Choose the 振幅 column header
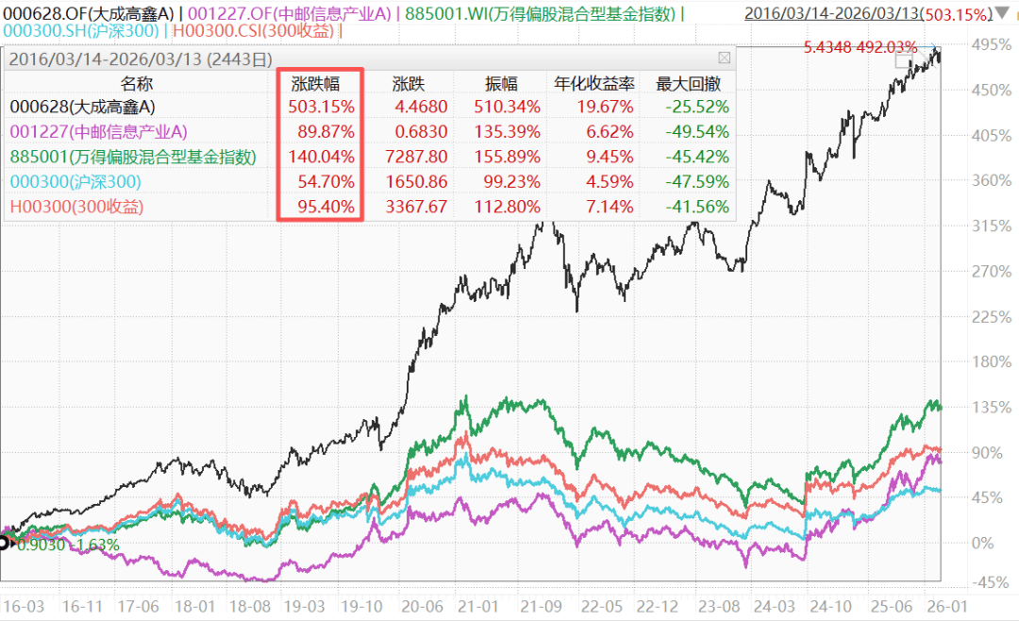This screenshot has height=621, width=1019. click(x=501, y=83)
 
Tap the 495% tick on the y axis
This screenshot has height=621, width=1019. click(x=991, y=46)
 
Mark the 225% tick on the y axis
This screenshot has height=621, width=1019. click(x=991, y=317)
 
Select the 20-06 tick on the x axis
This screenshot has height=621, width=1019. click(x=423, y=605)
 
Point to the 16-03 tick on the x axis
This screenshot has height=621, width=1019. click(x=25, y=605)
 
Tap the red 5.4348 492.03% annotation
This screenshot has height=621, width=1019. click(x=860, y=46)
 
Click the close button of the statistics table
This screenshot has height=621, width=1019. click(x=724, y=59)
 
